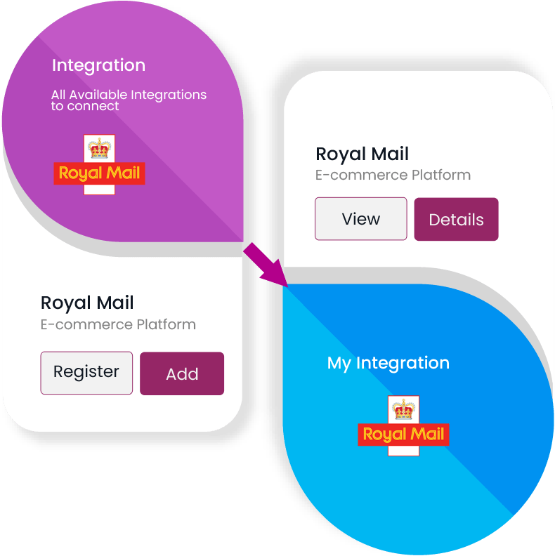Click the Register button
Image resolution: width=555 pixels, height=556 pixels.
[86, 372]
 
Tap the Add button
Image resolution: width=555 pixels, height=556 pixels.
[182, 373]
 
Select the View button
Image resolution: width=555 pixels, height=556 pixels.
[360, 219]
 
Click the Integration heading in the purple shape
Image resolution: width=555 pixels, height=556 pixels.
[98, 65]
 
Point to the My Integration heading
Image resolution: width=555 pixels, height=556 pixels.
[388, 363]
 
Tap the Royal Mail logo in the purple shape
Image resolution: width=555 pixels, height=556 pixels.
[99, 166]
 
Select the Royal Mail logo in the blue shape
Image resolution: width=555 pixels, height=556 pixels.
[403, 426]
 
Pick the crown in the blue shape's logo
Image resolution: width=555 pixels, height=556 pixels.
[403, 409]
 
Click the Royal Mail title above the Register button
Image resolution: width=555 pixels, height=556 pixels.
[87, 303]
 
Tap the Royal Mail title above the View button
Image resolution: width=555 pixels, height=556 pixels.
[362, 154]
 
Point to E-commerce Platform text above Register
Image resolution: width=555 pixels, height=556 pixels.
[118, 324]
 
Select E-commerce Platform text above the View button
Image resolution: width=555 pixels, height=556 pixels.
[393, 175]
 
